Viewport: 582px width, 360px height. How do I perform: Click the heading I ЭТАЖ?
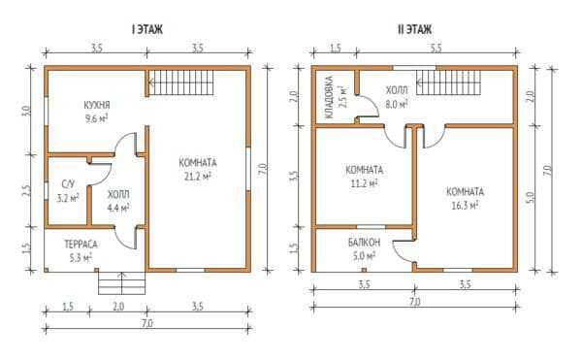click(x=147, y=29)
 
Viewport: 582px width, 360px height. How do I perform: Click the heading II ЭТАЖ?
click(x=414, y=29)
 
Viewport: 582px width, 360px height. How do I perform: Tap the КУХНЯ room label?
click(x=97, y=105)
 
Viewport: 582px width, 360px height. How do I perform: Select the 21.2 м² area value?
click(x=198, y=177)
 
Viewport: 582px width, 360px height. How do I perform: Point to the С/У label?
click(x=68, y=183)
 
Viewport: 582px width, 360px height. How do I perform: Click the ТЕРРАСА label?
click(x=81, y=245)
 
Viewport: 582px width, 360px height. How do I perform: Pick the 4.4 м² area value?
click(x=118, y=208)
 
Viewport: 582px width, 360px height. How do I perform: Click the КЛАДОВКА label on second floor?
click(x=329, y=97)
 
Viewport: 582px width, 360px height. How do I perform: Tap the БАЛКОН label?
click(x=364, y=243)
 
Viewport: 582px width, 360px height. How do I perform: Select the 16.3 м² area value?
click(x=465, y=206)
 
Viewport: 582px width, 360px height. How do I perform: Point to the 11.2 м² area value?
click(x=364, y=183)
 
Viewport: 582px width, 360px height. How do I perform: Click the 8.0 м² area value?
click(x=397, y=104)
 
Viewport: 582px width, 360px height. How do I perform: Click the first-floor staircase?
click(x=181, y=82)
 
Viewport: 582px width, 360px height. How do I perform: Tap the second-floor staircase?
click(x=448, y=82)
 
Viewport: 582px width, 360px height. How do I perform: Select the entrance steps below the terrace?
click(x=121, y=282)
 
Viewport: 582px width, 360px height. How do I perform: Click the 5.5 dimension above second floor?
click(x=436, y=49)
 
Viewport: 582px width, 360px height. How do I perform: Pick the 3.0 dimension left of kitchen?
click(x=26, y=111)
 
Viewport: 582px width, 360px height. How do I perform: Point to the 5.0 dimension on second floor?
click(x=531, y=197)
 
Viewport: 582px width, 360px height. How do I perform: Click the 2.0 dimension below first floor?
click(x=118, y=307)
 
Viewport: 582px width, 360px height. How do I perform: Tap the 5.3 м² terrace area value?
click(x=81, y=257)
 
